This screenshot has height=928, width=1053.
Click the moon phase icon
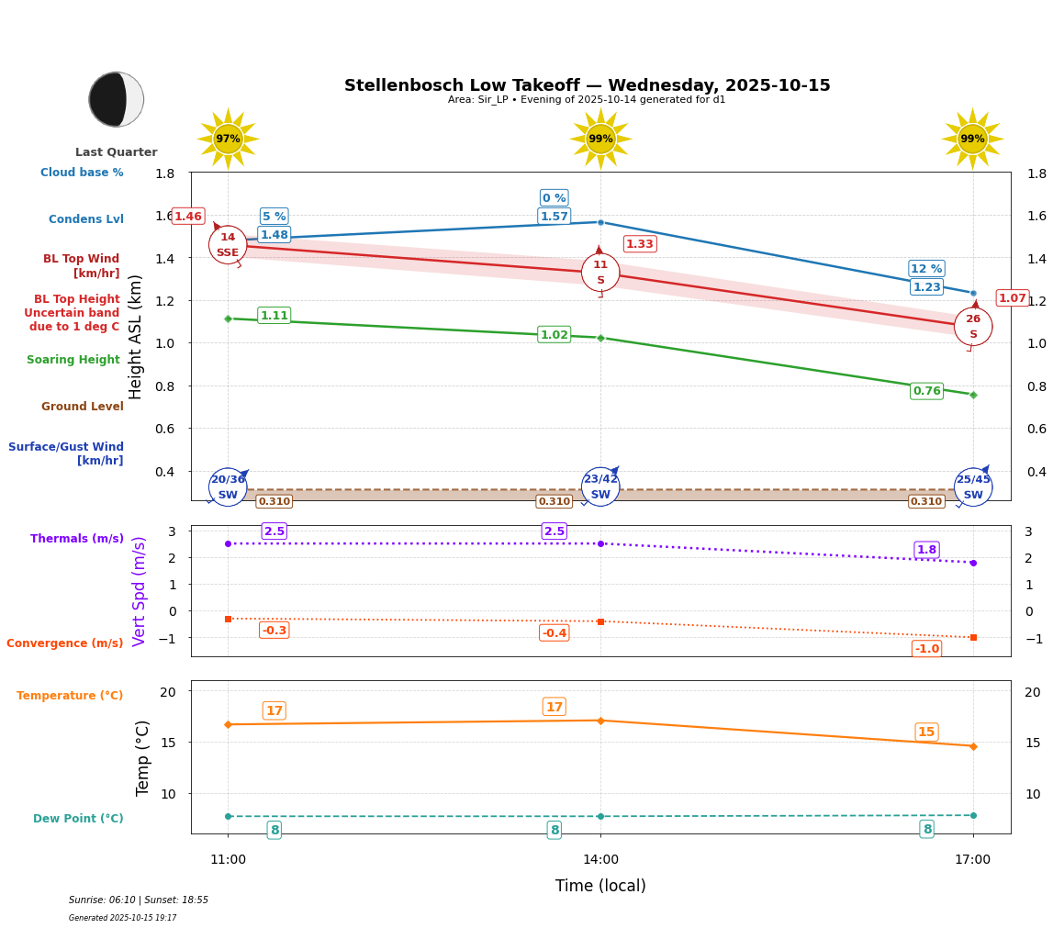(117, 99)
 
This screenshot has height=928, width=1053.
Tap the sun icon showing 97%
(228, 139)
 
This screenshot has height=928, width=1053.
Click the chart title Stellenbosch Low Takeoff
(587, 85)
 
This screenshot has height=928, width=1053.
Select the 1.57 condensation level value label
(555, 217)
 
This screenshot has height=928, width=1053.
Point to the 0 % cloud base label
(555, 198)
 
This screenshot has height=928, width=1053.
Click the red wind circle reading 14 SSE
(228, 245)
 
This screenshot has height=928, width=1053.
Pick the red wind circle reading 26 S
(973, 327)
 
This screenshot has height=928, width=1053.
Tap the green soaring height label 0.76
(926, 391)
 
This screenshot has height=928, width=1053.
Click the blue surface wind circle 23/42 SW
(600, 486)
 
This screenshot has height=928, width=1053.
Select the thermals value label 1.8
(926, 550)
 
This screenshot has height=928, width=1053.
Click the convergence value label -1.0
(926, 649)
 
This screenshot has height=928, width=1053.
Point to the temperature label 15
(926, 732)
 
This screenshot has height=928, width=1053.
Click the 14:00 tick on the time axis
(600, 860)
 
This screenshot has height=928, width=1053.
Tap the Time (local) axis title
(600, 886)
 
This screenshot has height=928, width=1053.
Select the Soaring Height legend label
(73, 360)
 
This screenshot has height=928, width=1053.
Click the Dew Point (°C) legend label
(78, 819)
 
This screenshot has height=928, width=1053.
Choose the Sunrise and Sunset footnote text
(139, 900)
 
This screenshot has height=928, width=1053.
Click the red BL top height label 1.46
(188, 217)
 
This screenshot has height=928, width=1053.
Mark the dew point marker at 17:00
(973, 815)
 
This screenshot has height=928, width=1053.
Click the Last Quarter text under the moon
(117, 152)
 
